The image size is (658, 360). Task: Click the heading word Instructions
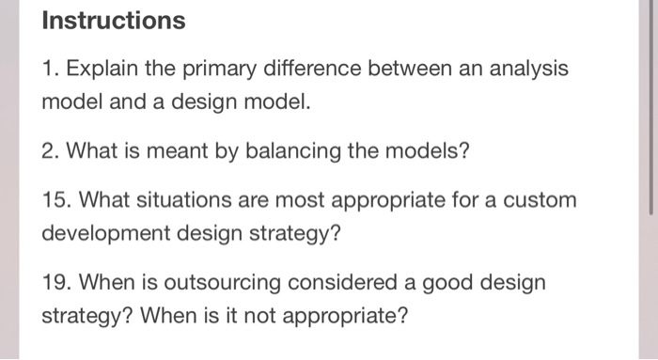(114, 20)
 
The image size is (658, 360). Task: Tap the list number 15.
(56, 199)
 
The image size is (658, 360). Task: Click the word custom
(540, 199)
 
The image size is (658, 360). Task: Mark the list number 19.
(56, 281)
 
